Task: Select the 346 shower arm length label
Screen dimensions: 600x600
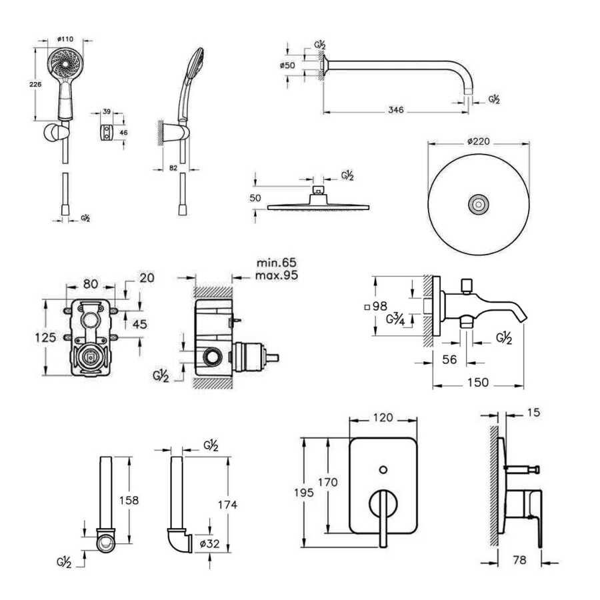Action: click(x=396, y=110)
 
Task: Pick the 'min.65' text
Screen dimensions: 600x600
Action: click(x=275, y=263)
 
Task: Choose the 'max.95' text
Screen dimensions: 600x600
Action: click(x=277, y=275)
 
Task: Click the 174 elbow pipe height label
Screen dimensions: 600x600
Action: click(x=227, y=505)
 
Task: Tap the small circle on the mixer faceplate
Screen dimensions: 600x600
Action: click(x=383, y=470)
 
